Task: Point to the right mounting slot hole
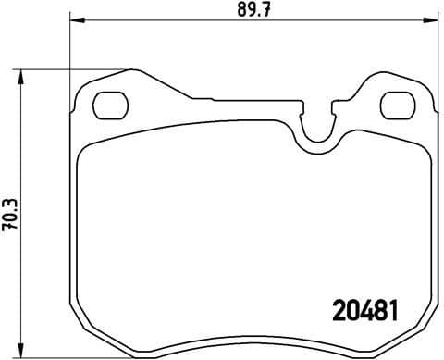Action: point(397,105)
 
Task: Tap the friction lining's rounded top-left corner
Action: point(85,153)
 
